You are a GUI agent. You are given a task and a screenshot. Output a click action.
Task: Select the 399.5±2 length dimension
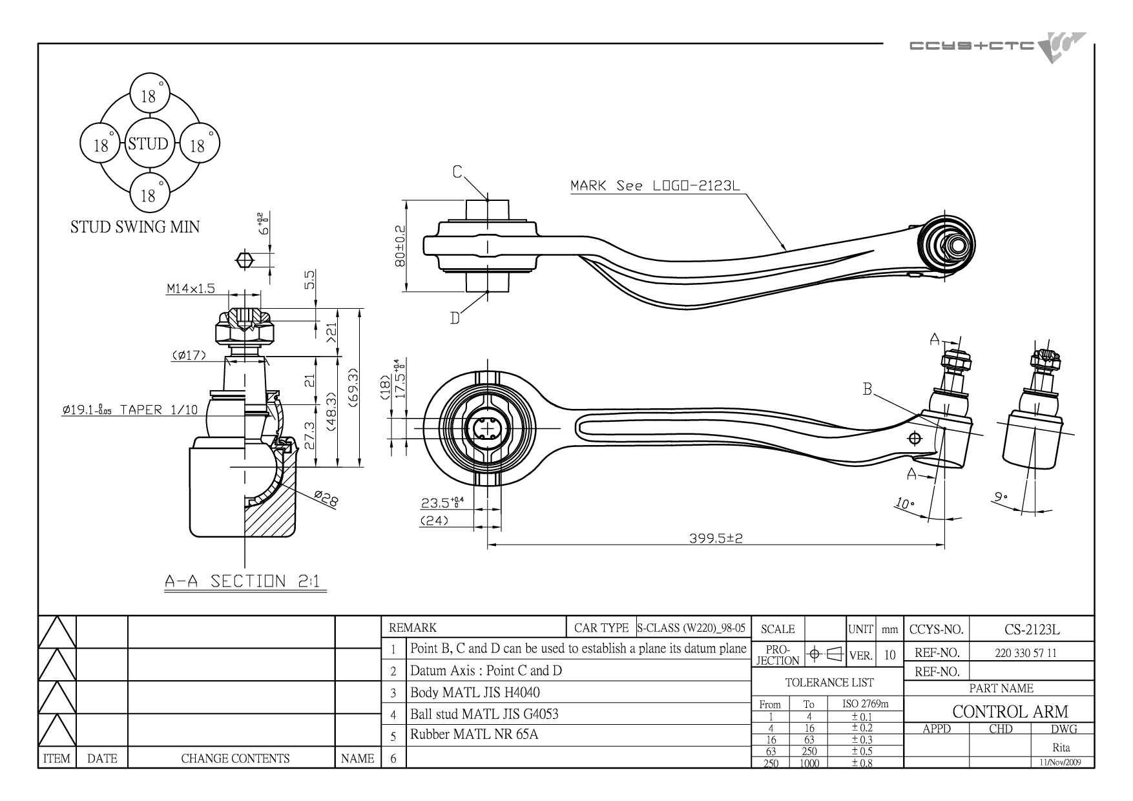pyautogui.click(x=716, y=537)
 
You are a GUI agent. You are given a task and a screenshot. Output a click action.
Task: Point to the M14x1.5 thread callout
pyautogui.click(x=191, y=289)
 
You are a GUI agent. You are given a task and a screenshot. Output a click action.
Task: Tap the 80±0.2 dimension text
pyautogui.click(x=400, y=246)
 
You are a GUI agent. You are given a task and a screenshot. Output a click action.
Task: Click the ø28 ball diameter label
pyautogui.click(x=326, y=498)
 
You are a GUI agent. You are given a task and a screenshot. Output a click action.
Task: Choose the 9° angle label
pyautogui.click(x=1001, y=497)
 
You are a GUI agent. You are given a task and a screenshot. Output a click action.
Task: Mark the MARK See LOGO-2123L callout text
pyautogui.click(x=654, y=186)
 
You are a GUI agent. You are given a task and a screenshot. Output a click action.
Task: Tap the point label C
pyautogui.click(x=457, y=172)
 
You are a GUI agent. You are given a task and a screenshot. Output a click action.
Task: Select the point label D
pyautogui.click(x=455, y=318)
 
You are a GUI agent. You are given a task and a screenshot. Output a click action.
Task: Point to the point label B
pyautogui.click(x=868, y=390)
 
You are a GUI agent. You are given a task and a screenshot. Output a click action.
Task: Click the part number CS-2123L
pyautogui.click(x=1032, y=629)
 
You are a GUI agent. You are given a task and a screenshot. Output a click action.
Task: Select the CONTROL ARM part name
pyautogui.click(x=1010, y=711)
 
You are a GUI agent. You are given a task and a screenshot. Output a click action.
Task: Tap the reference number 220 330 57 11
pyautogui.click(x=1026, y=652)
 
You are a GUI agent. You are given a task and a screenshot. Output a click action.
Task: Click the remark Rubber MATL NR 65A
pyautogui.click(x=474, y=734)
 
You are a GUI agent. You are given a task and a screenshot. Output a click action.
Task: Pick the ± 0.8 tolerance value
pyautogui.click(x=862, y=763)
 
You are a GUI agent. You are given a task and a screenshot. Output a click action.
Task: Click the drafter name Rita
pyautogui.click(x=1061, y=748)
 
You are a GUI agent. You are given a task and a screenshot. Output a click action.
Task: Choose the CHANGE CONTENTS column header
pyautogui.click(x=235, y=758)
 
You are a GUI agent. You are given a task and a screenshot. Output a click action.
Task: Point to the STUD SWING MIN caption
pyautogui.click(x=135, y=227)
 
